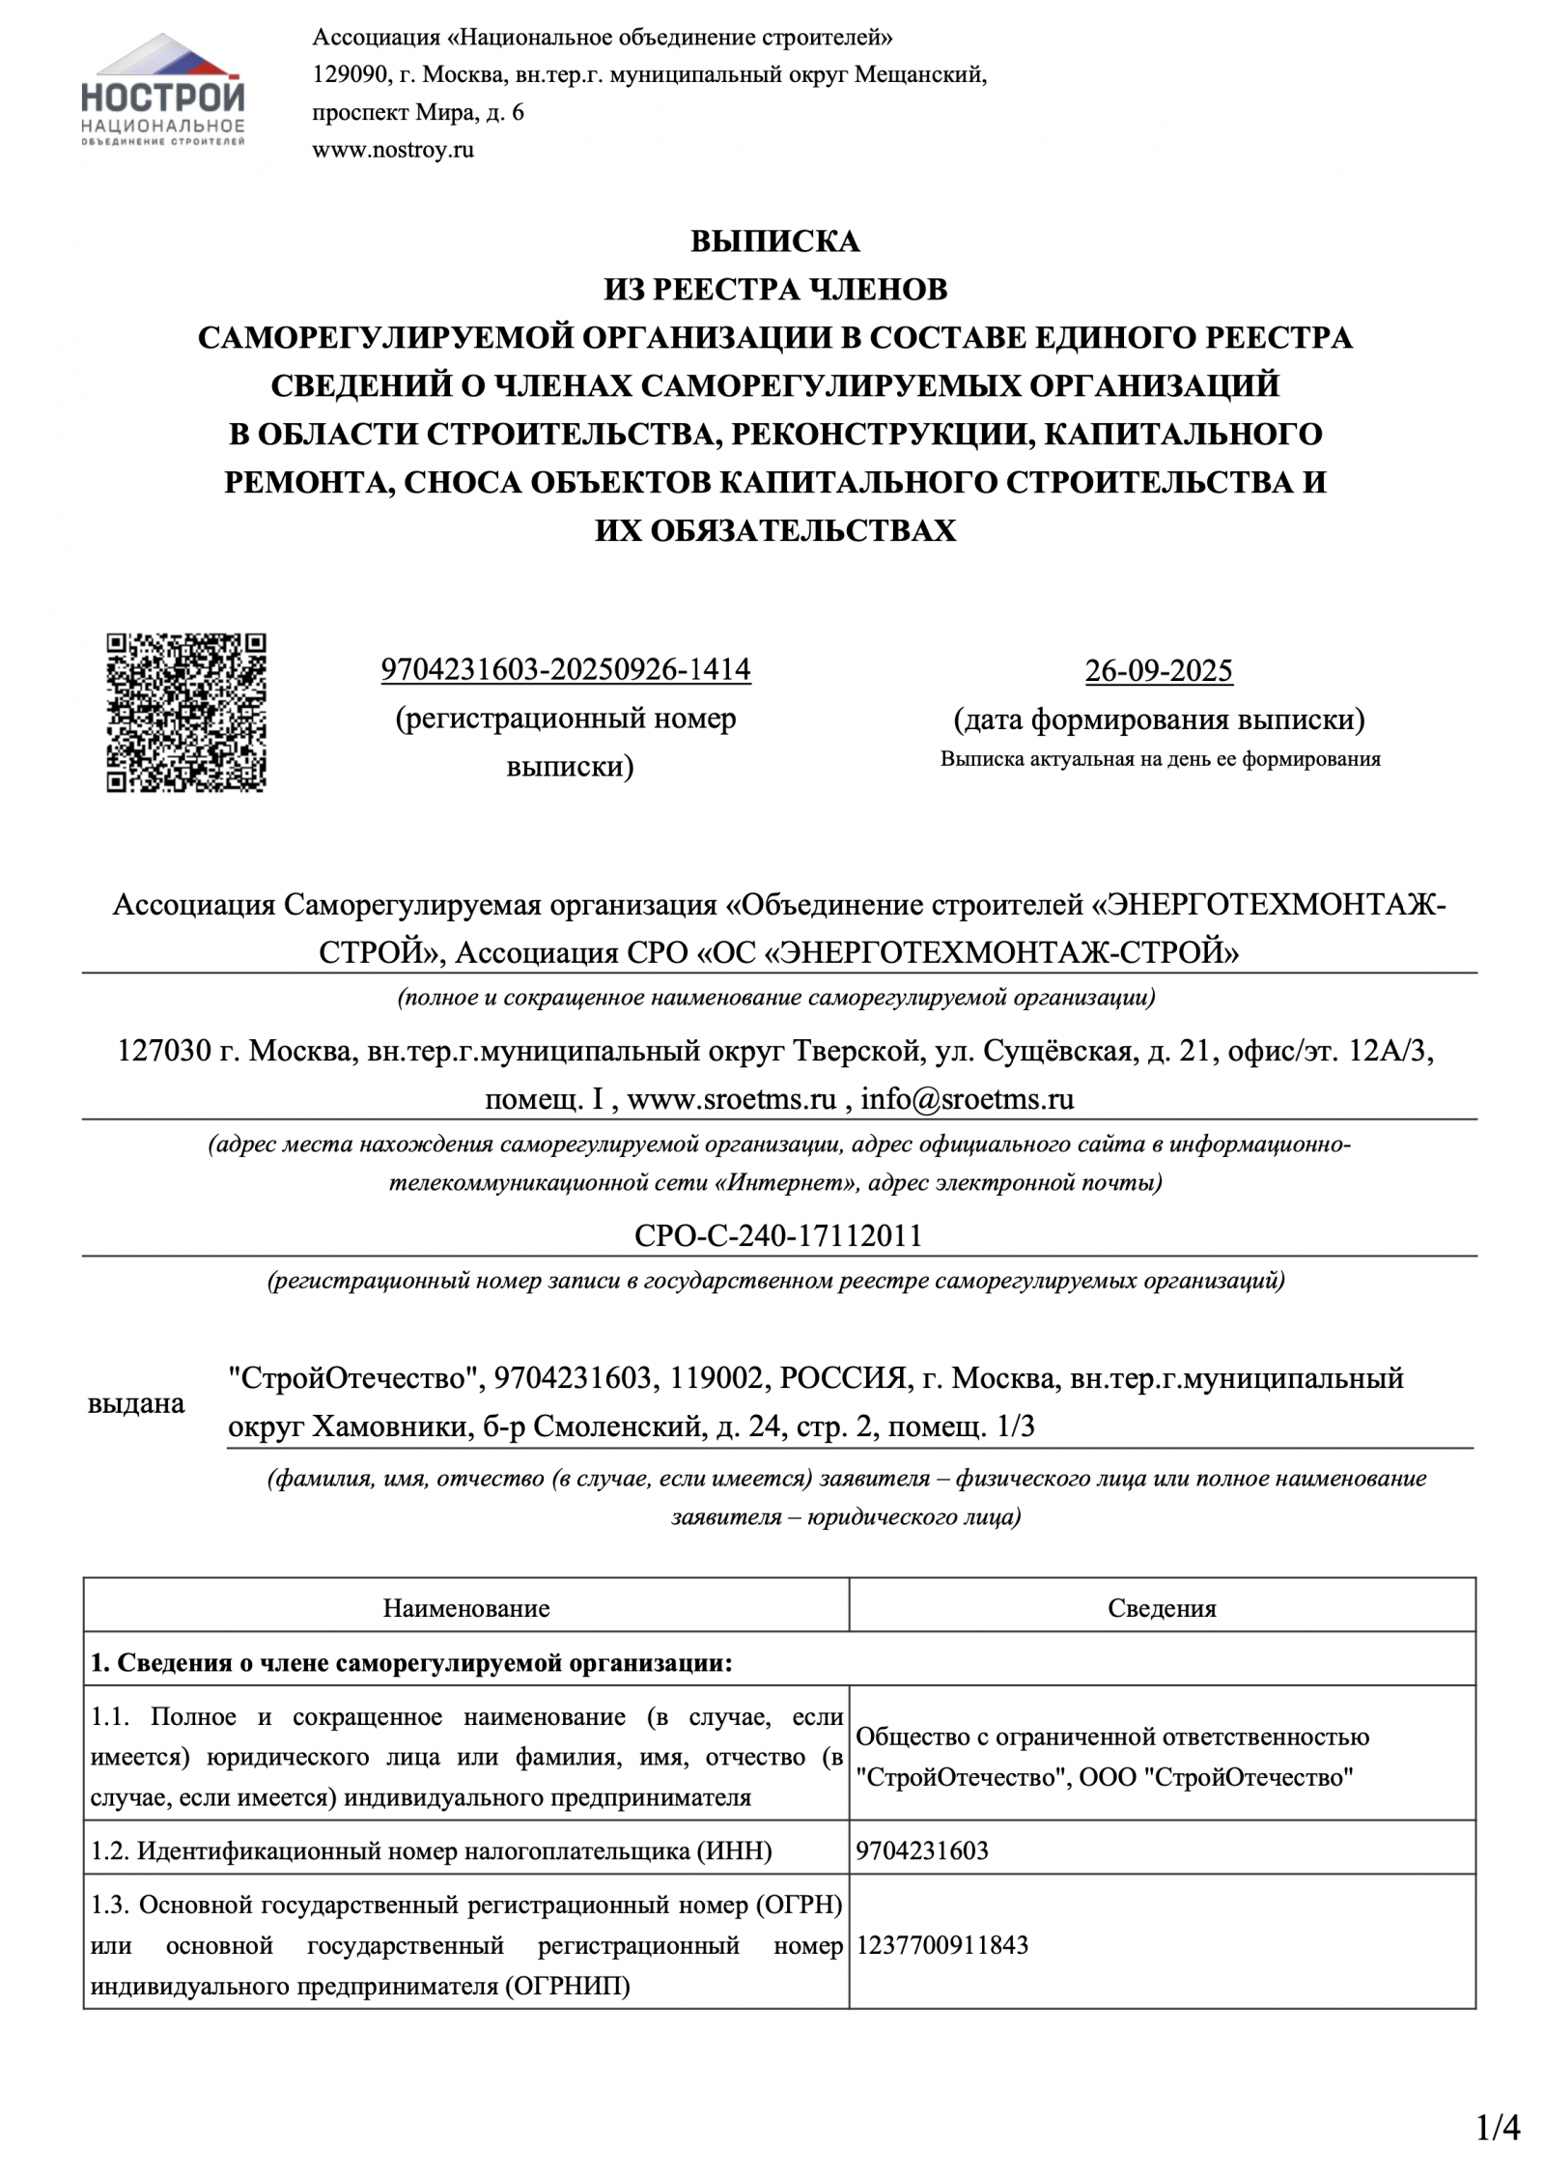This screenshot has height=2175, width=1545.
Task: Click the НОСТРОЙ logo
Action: click(x=163, y=90)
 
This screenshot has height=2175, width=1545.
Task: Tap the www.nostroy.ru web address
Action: click(x=392, y=150)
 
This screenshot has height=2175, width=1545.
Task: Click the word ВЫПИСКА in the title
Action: click(x=774, y=240)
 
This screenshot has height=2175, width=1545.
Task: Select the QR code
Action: click(x=186, y=713)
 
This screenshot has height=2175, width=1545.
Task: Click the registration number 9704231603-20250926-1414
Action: click(x=566, y=669)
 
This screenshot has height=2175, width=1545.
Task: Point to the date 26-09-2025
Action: click(x=1159, y=670)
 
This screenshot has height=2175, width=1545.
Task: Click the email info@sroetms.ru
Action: click(x=968, y=1098)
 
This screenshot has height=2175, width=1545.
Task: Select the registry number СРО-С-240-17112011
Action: click(x=778, y=1235)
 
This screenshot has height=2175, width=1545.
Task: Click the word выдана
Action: click(x=136, y=1402)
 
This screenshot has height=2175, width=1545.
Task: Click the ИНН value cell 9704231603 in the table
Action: click(x=922, y=1850)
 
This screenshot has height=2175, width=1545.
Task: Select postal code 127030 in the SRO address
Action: click(x=164, y=1051)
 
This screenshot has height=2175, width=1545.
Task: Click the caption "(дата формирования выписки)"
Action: click(x=1159, y=720)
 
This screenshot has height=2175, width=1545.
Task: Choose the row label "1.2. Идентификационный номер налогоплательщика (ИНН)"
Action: click(x=432, y=1850)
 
